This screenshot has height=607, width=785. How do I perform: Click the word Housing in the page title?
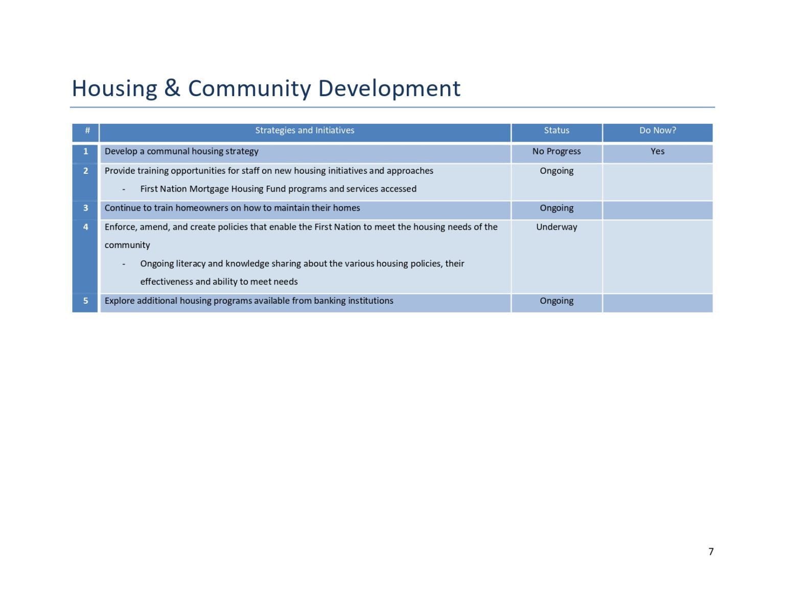point(114,88)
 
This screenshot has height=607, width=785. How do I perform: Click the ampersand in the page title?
point(172,88)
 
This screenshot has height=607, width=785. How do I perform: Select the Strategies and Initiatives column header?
point(305,130)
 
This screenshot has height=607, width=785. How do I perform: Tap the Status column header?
point(557,130)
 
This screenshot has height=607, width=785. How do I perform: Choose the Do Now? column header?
point(657,130)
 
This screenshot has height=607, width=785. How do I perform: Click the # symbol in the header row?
point(87,130)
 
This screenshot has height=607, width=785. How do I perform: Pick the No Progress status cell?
point(557,151)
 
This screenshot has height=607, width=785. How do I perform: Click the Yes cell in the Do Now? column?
point(657,151)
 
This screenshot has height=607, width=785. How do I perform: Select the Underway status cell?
point(557,227)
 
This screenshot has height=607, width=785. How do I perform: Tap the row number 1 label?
point(86,151)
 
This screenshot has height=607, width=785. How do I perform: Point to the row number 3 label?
point(86,208)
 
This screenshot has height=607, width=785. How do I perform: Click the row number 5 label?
point(86,301)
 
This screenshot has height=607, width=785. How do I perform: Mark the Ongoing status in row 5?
point(557,301)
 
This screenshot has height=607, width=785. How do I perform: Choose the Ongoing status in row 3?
point(557,208)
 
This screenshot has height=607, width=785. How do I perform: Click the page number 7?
point(711,551)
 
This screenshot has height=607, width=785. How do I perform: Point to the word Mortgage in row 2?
point(209,189)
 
